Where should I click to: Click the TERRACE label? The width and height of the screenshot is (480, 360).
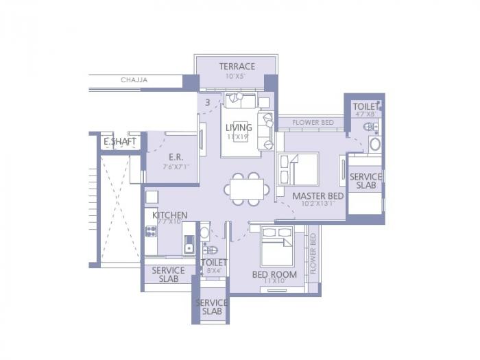click(237, 67)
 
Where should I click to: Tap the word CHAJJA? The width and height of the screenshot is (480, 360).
click(134, 80)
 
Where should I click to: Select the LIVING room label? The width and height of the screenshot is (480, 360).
click(239, 128)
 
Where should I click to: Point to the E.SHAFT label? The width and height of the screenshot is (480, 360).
click(119, 142)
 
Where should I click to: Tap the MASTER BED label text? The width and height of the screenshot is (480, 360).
click(317, 195)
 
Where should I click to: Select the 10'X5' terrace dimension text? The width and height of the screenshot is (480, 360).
click(237, 76)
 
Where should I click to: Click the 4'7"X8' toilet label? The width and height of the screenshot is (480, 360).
click(365, 115)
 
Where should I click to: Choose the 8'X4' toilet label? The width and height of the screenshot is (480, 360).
click(213, 271)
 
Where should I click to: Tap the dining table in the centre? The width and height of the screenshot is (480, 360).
click(246, 188)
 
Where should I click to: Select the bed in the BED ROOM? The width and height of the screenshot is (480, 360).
click(277, 245)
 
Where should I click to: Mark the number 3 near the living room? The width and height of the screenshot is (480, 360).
click(208, 103)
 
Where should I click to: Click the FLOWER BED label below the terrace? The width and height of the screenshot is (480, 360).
click(313, 123)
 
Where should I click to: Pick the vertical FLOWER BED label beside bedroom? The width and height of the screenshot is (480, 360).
click(313, 254)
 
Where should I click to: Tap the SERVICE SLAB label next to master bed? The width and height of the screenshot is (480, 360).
click(365, 181)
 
